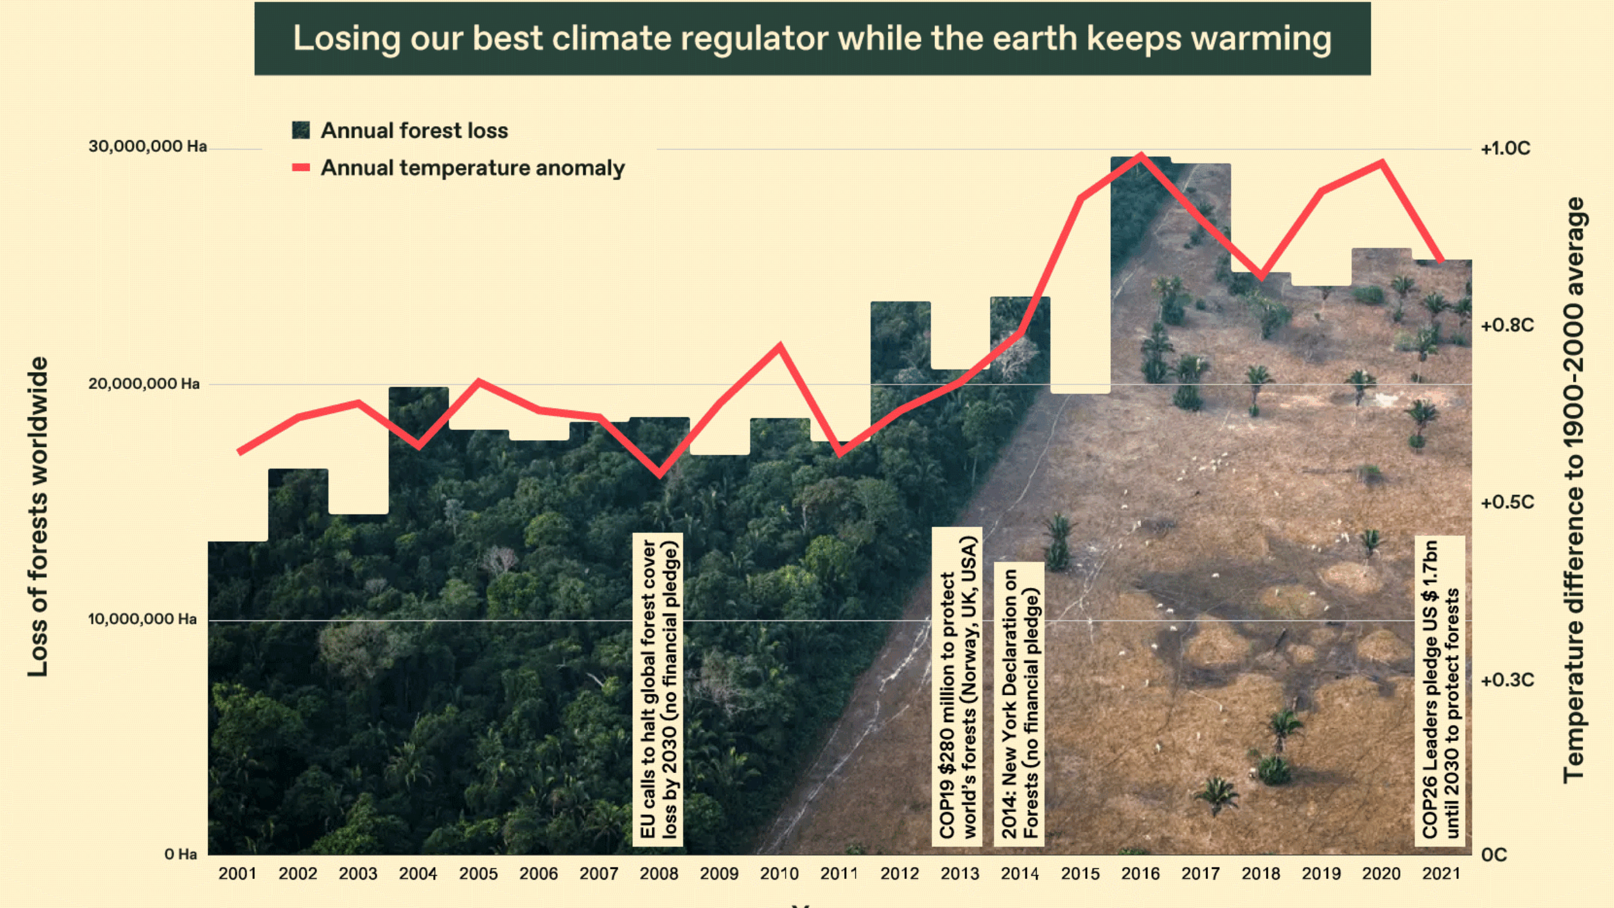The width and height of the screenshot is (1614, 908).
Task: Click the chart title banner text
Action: (x=812, y=39)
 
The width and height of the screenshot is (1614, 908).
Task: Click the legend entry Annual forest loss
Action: (x=414, y=131)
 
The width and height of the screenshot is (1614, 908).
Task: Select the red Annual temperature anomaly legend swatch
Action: (x=301, y=168)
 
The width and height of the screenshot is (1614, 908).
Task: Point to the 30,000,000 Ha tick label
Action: (x=148, y=146)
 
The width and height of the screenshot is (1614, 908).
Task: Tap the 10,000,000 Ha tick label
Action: (x=142, y=619)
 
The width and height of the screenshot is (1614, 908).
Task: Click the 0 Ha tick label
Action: (x=180, y=854)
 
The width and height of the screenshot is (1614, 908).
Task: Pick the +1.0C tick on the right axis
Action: (x=1505, y=149)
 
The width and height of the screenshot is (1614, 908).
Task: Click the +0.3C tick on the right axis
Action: (x=1507, y=680)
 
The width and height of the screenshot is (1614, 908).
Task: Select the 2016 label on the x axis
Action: (x=1140, y=874)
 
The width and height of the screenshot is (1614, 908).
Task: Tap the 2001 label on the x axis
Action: (x=237, y=874)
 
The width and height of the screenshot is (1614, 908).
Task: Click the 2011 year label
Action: (x=839, y=874)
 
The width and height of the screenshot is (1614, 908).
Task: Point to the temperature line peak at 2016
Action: (x=1141, y=154)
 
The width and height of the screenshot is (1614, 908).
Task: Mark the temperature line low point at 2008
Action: (x=659, y=474)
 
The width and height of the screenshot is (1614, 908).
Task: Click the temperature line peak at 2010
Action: (x=781, y=346)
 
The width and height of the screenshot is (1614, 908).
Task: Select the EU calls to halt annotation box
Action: (x=658, y=689)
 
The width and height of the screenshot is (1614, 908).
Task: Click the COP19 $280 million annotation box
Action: (x=957, y=686)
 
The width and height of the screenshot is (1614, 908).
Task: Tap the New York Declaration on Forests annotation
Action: (x=1019, y=703)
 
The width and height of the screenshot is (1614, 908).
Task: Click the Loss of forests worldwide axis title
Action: (x=38, y=517)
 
